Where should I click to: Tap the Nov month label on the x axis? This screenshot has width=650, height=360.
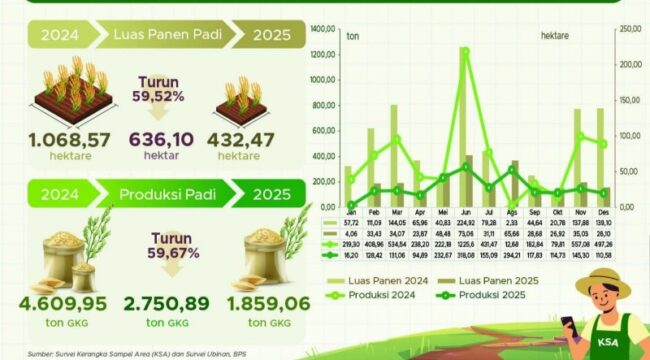(x=580, y=214)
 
